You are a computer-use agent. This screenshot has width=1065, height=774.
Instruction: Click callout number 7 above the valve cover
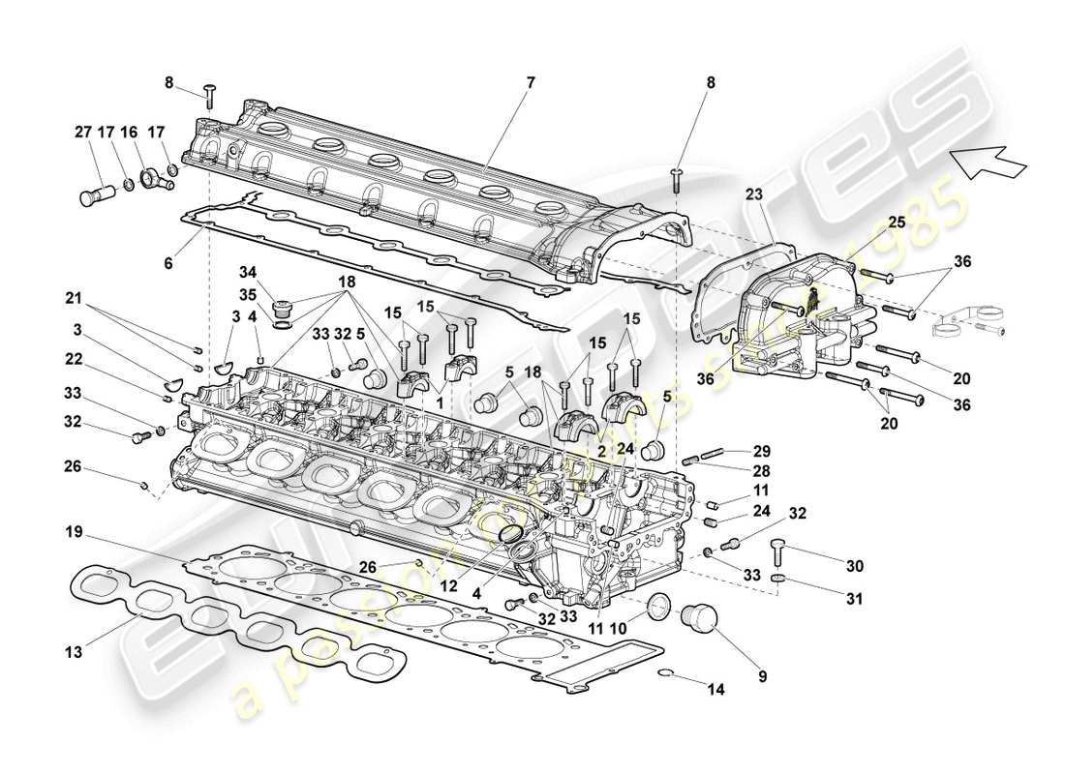coord(530,84)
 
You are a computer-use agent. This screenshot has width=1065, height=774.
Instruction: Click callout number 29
coord(762,452)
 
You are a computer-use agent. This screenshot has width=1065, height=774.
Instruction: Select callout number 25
coord(897,222)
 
